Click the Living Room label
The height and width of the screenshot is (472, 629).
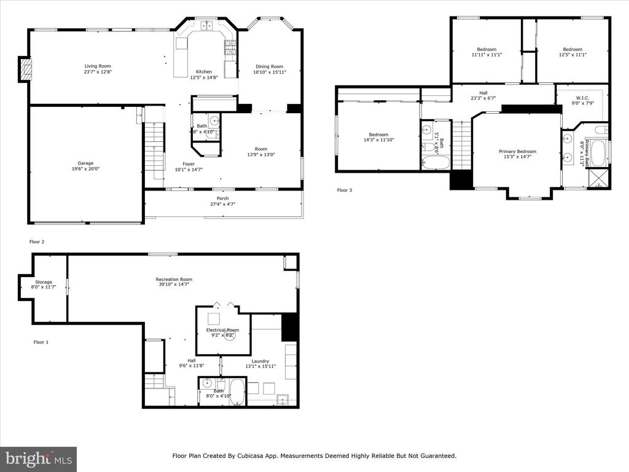point(98,66)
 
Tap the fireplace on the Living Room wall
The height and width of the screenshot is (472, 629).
point(25,69)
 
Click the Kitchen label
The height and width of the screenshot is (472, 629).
point(203,71)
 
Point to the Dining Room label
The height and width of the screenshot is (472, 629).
point(269,66)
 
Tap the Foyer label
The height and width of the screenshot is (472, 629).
point(189,163)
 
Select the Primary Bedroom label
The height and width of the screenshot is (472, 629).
point(517,152)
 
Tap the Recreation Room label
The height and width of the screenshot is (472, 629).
point(173,280)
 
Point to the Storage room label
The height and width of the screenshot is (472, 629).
point(43,282)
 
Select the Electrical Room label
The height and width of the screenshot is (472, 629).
point(222,330)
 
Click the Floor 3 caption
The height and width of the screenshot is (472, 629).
point(345,190)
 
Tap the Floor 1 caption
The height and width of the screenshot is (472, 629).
point(41,342)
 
